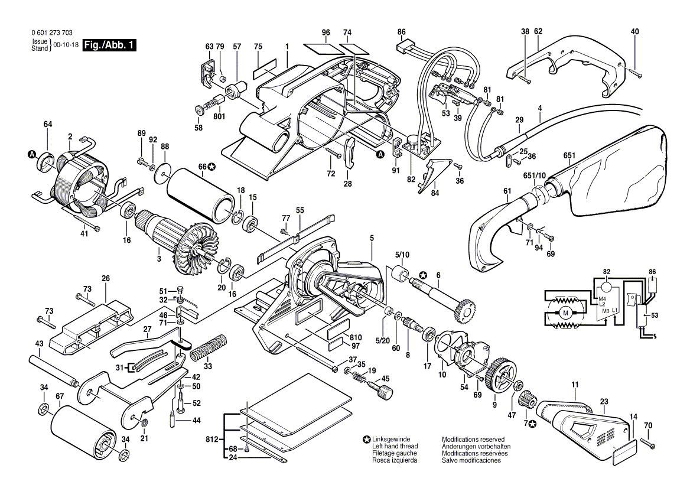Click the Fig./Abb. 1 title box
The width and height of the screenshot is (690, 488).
click(x=109, y=45)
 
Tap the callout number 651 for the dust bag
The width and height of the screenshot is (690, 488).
click(x=569, y=156)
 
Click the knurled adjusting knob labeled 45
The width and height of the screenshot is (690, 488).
click(x=386, y=392)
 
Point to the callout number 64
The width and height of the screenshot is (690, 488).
click(x=48, y=125)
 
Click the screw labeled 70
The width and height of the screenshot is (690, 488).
click(x=647, y=443)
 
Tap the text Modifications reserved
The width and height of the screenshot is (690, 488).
click(x=473, y=440)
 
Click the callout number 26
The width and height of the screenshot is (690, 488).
click(x=106, y=278)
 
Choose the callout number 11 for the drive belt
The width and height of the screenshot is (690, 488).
click(x=574, y=385)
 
